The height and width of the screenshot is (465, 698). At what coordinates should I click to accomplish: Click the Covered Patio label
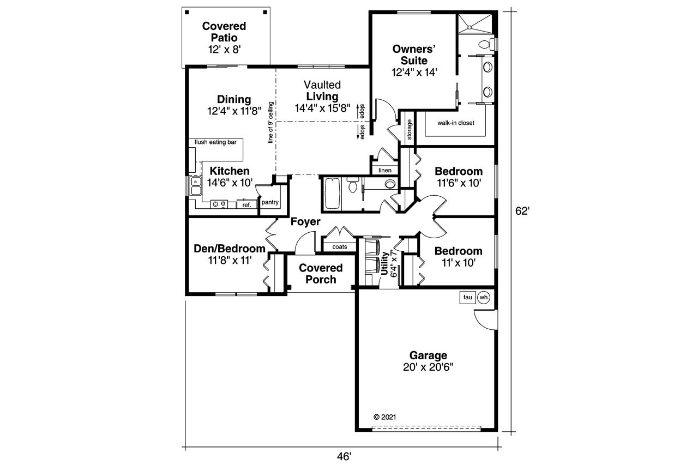point(224,32)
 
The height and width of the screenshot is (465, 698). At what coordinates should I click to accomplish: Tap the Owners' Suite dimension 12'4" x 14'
point(415,72)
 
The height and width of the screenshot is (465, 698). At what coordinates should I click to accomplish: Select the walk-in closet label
point(455,123)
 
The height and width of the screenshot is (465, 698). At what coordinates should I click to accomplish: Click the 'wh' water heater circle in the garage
point(483,297)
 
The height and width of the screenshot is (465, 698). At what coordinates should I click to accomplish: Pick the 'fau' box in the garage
point(467,297)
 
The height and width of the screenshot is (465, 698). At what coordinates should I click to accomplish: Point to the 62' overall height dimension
point(523,211)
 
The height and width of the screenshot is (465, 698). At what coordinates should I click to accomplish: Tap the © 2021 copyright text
point(384,416)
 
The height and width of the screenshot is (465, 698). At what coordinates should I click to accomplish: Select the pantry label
point(270,203)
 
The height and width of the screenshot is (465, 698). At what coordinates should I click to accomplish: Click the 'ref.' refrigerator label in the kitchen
point(246,205)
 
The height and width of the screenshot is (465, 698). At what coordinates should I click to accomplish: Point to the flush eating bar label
point(215,142)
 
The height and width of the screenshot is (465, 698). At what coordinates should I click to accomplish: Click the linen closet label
point(385,170)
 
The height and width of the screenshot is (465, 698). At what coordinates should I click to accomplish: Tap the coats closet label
point(340,247)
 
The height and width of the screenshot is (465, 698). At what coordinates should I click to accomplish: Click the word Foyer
point(305,221)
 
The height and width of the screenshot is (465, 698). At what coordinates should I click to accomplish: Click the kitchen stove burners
point(219,204)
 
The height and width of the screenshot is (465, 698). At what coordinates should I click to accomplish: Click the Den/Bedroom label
point(230,249)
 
